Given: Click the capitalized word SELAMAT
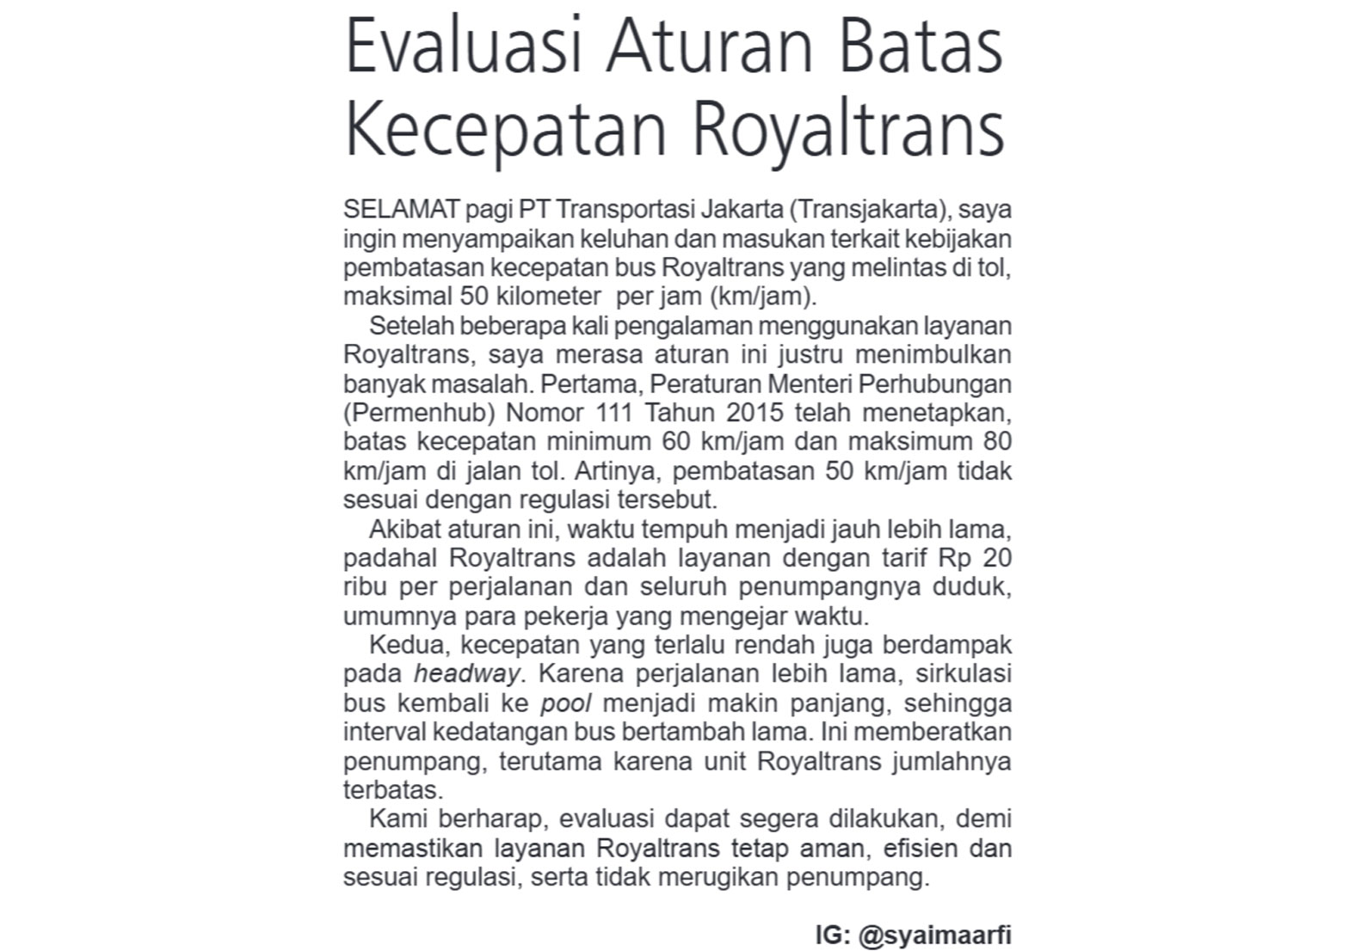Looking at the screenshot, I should [x=402, y=209].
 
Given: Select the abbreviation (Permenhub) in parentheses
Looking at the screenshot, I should [x=419, y=413].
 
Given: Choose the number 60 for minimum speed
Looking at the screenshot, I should [x=676, y=442].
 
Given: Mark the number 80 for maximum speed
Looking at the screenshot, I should [x=996, y=442].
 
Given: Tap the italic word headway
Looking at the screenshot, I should [x=467, y=674].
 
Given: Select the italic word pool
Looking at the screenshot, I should [x=565, y=703].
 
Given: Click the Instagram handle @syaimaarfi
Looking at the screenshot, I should [x=934, y=935].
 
